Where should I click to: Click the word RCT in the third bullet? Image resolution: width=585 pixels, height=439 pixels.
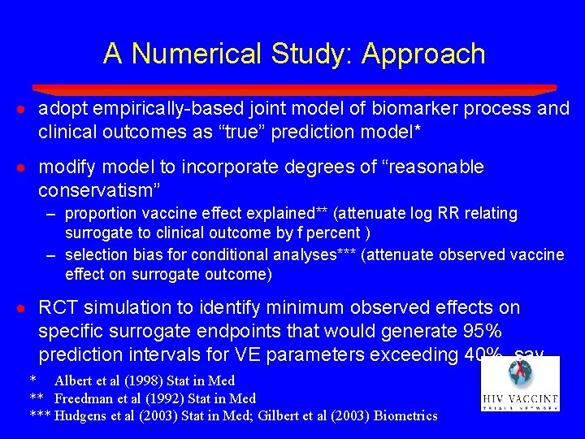pos(58,308)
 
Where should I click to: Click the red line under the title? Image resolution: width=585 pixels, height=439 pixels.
pos(292,89)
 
